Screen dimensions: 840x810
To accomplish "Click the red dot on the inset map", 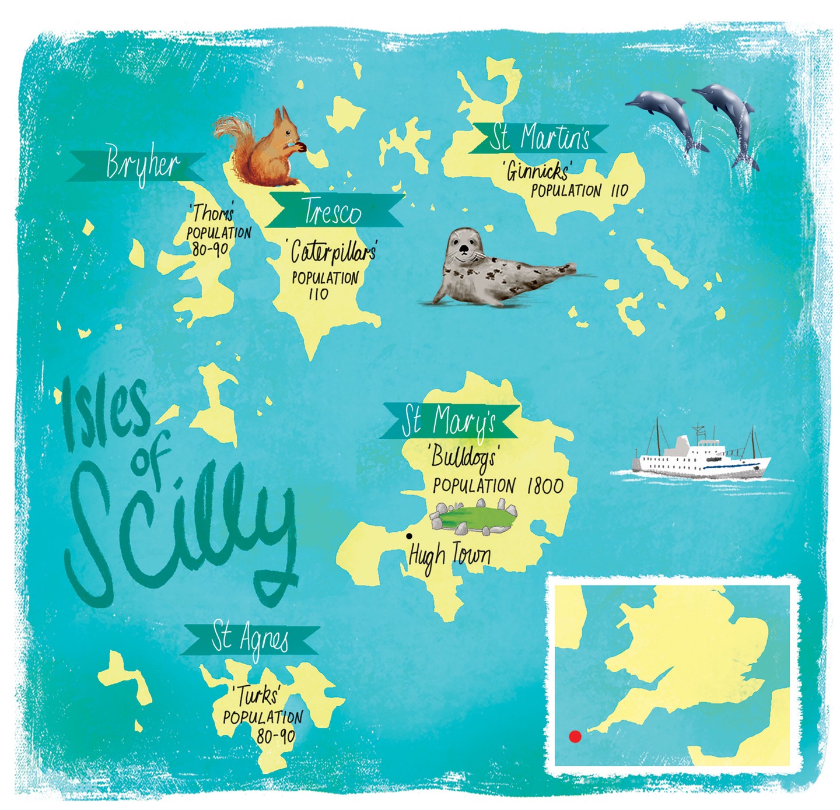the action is (x=575, y=737).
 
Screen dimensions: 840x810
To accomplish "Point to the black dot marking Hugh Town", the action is (x=409, y=536).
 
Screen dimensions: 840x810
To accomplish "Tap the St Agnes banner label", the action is (x=250, y=640).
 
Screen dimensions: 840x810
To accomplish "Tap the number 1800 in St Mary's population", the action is (x=545, y=486).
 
